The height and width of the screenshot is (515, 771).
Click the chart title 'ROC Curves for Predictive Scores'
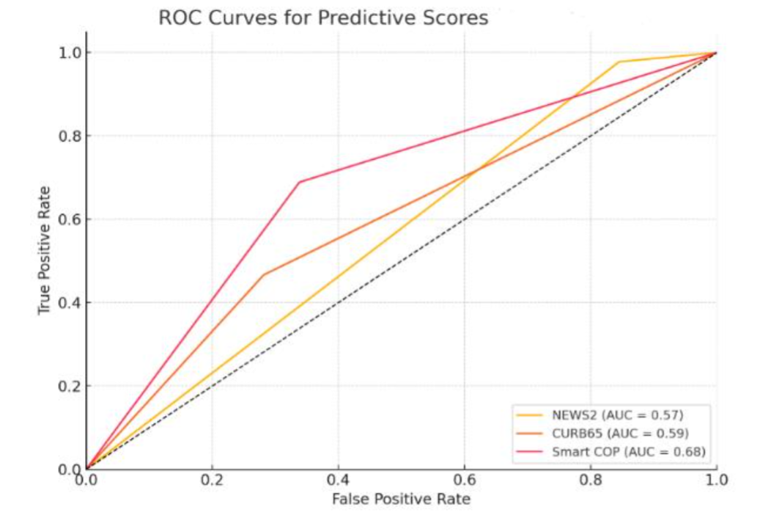pyautogui.click(x=323, y=18)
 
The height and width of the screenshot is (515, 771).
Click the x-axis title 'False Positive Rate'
pyautogui.click(x=401, y=500)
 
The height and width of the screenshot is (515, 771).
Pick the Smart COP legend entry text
pyautogui.click(x=629, y=452)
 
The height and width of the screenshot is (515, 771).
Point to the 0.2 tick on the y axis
pyautogui.click(x=70, y=386)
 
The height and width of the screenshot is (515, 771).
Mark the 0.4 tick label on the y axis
pyautogui.click(x=70, y=302)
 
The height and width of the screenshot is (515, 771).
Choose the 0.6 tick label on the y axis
pyautogui.click(x=70, y=219)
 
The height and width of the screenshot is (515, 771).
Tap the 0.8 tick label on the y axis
pyautogui.click(x=70, y=136)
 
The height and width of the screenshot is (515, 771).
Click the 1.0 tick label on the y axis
pyautogui.click(x=70, y=53)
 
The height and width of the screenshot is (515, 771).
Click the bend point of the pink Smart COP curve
pyautogui.click(x=299, y=182)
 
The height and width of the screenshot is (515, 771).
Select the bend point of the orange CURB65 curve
pyautogui.click(x=263, y=274)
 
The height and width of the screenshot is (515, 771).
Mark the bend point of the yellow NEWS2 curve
pyautogui.click(x=619, y=62)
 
